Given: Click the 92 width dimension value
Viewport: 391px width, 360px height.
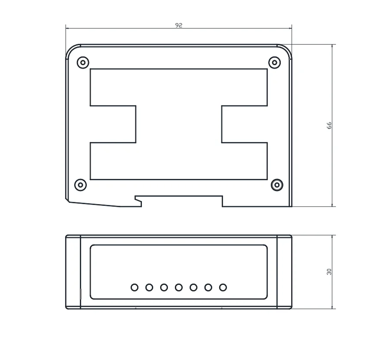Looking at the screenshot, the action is point(178,25).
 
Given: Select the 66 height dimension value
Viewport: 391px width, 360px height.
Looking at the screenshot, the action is point(329,126).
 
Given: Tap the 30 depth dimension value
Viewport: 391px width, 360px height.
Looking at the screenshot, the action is point(329,272).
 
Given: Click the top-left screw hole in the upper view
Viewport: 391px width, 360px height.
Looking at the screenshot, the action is point(83,63).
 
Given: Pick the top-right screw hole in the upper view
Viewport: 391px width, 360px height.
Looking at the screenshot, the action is point(275,63).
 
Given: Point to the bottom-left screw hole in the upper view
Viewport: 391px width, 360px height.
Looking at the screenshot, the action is point(81,185).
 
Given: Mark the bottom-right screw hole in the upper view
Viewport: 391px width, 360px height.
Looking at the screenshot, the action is point(277,185).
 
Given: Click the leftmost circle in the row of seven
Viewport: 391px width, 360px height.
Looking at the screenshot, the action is point(135,287).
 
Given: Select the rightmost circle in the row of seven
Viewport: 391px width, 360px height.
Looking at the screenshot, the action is point(223,287).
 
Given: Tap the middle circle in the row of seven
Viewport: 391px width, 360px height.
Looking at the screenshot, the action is point(178,287).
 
